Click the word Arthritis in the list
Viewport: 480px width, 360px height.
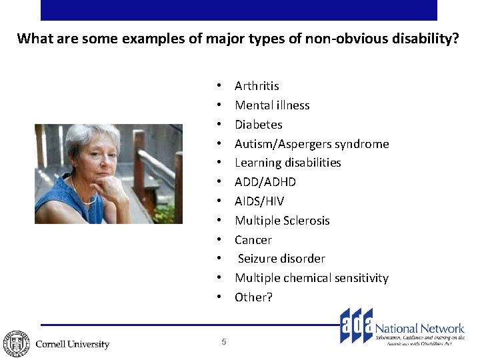pos(257,86)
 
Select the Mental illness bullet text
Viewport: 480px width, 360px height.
pos(272,105)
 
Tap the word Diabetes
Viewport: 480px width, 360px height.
pos(258,125)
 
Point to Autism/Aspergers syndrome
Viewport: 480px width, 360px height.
pos(311,144)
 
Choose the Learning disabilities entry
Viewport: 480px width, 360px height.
pos(287,163)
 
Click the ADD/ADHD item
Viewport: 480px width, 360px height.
pos(265,182)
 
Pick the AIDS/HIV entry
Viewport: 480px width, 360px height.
pos(259,201)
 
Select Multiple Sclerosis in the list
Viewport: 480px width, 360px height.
pos(282,221)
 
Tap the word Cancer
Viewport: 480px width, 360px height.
pos(253,240)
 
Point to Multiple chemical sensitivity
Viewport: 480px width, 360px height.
pos(311,278)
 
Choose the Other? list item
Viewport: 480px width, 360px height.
pos(253,297)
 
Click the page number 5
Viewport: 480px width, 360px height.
pos(224,342)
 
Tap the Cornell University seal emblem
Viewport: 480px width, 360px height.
pos(15,343)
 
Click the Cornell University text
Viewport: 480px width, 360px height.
pos(72,345)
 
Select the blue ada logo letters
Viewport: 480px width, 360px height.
pos(356,326)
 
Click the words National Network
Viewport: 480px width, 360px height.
pos(419,328)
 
